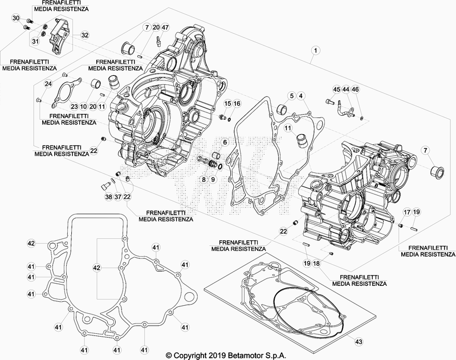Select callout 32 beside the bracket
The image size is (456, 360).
point(85,35)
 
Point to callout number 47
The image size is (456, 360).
point(166,28)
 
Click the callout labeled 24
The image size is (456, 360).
point(48,84)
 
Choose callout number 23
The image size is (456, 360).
point(74,106)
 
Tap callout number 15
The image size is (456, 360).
point(227,103)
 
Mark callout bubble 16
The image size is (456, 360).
point(237,103)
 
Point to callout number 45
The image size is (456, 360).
point(336,89)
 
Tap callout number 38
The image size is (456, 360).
point(108,197)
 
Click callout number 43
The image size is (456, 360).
point(358,341)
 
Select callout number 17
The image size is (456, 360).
point(407,212)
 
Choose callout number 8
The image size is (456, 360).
point(203,179)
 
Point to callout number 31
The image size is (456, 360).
point(35,41)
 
